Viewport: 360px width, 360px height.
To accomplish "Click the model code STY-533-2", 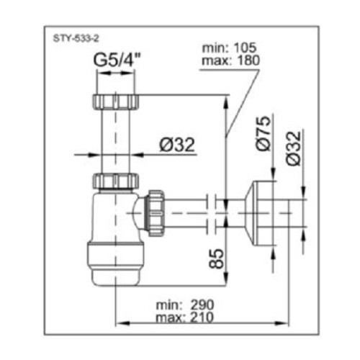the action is pos(76,39).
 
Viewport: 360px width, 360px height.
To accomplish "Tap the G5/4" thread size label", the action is pos(117,61).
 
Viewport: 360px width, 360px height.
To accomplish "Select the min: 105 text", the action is pos(229,48).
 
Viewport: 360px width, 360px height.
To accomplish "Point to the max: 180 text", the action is pos(230,60).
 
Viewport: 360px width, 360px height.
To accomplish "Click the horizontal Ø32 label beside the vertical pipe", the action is pos(177,145).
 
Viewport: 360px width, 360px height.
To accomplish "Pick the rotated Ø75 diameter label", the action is pos(263,133).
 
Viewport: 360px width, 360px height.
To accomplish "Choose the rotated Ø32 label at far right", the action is pos(293,148).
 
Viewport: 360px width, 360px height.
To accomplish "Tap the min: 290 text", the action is pos(185,305).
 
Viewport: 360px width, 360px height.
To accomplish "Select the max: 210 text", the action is pos(184,318).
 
